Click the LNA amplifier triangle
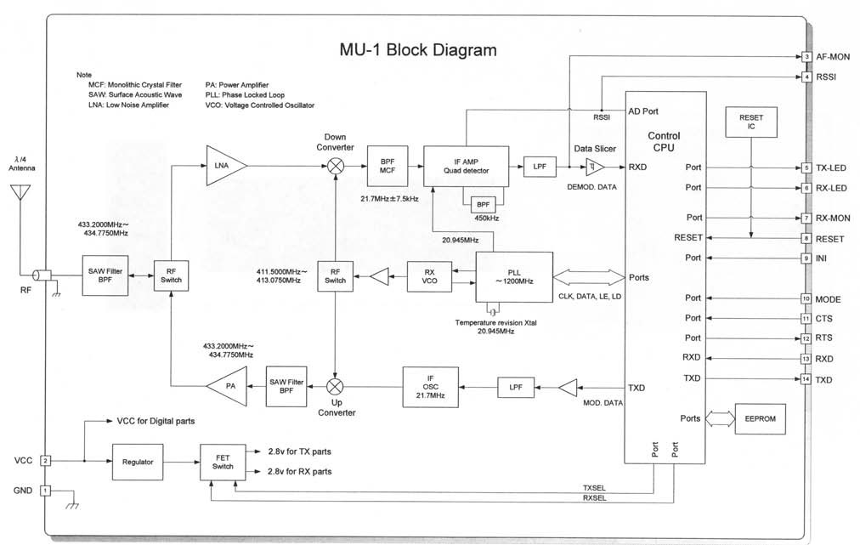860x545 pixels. [223, 166]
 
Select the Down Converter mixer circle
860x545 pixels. [335, 166]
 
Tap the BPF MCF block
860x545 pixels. [386, 166]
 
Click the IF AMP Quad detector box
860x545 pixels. [466, 166]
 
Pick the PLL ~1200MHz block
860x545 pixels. [513, 277]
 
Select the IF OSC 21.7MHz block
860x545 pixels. [429, 387]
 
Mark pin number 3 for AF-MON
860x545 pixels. [806, 57]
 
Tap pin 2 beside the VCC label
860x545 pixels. [47, 460]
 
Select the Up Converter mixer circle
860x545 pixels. [335, 387]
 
